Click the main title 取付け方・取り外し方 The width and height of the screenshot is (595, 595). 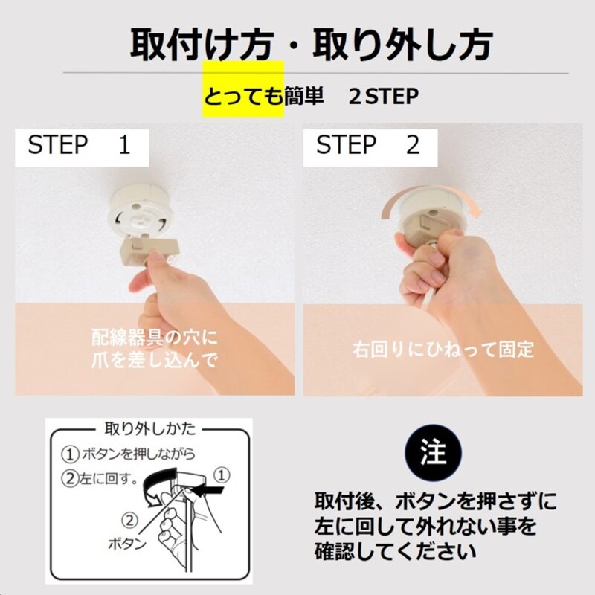tap(311, 45)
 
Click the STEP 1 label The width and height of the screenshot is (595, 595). tap(80, 145)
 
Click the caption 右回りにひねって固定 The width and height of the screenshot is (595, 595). tap(443, 349)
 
